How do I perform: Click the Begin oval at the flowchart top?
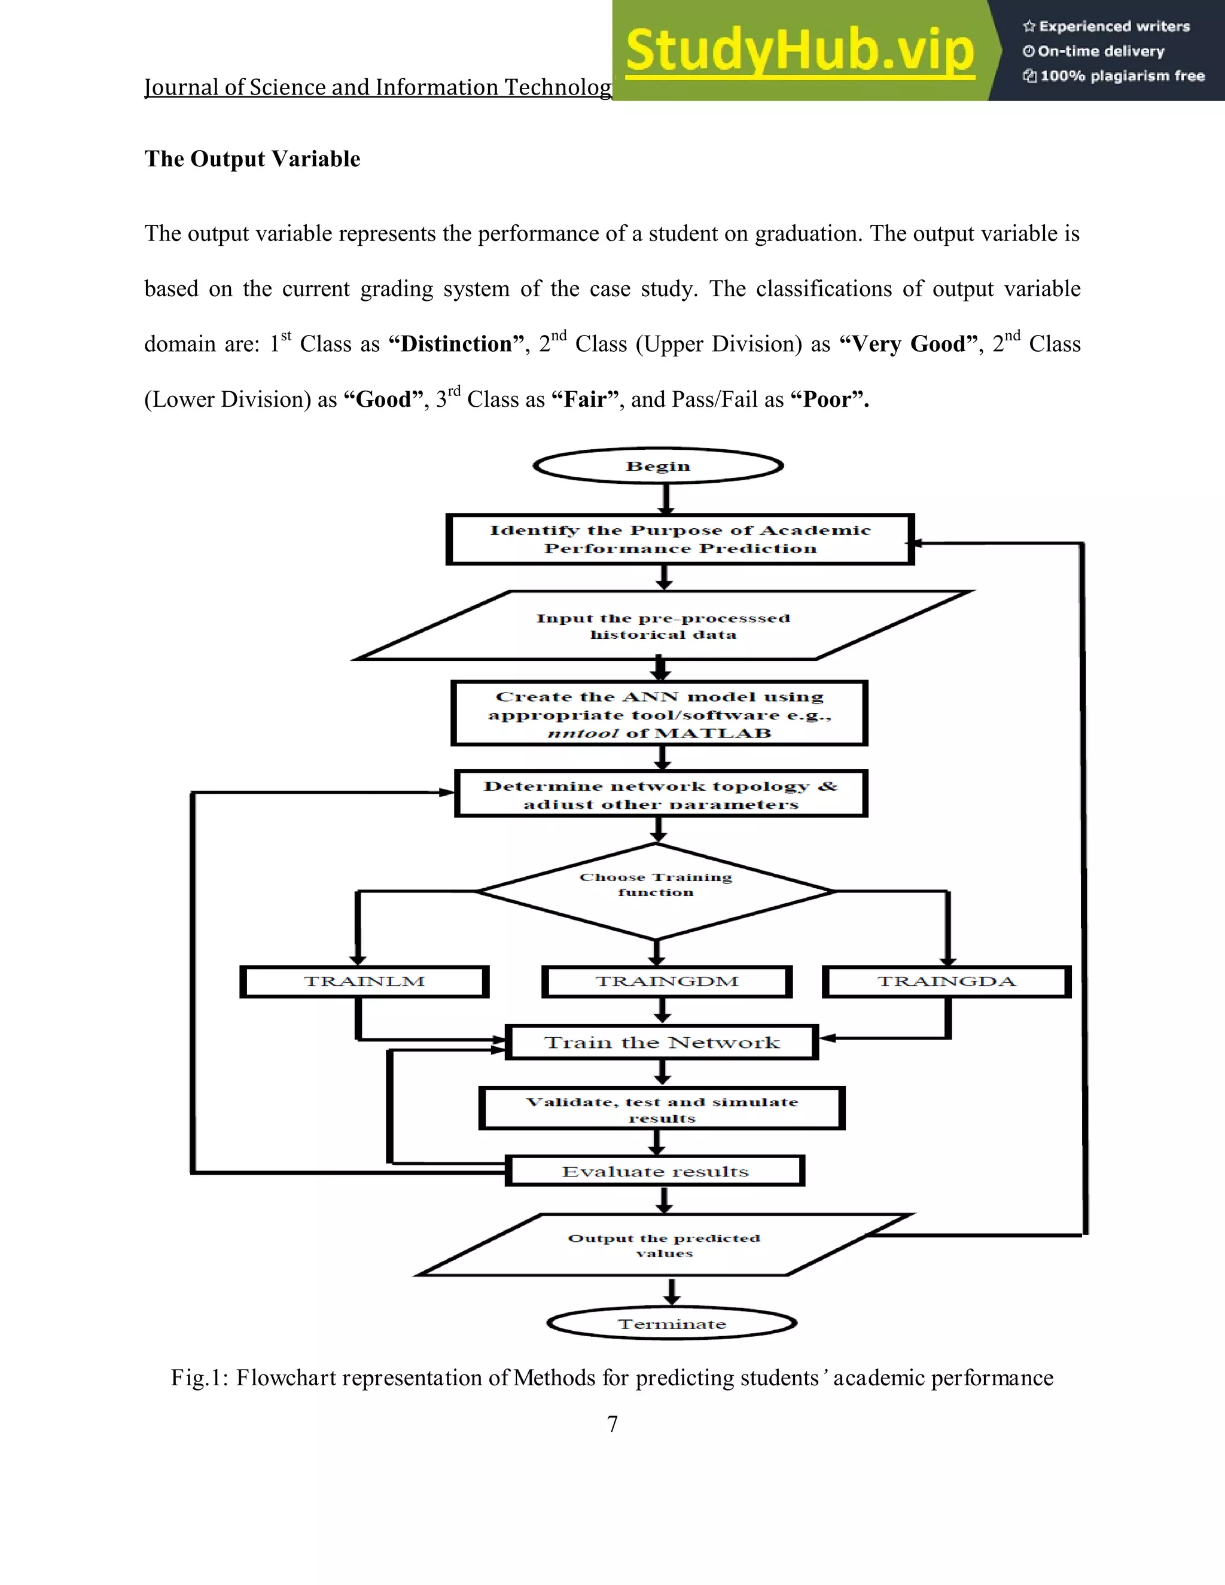click(658, 466)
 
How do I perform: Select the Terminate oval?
click(672, 1324)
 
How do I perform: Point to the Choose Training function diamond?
click(656, 891)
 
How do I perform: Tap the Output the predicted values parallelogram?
click(664, 1245)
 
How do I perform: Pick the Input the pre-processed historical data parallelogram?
click(663, 626)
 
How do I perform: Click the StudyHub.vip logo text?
click(800, 51)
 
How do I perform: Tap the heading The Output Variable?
click(252, 159)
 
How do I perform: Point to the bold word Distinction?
click(456, 344)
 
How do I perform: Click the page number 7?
click(612, 1424)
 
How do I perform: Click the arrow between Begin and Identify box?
click(666, 499)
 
